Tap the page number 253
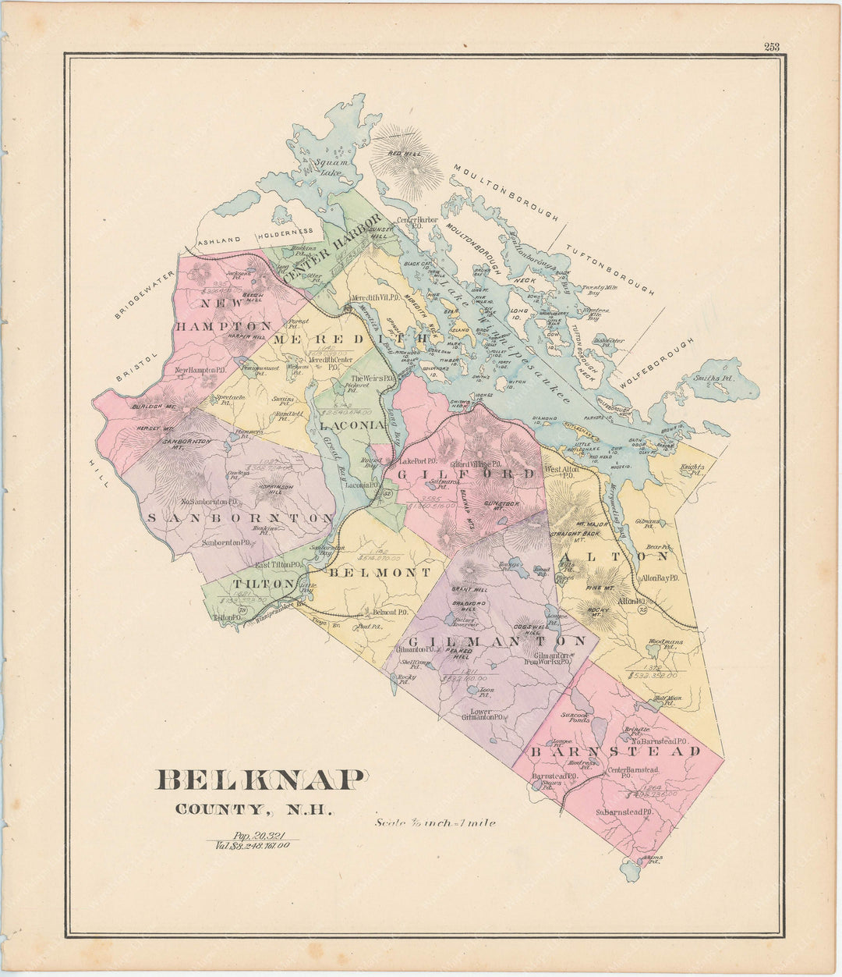click(x=771, y=47)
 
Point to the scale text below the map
click(x=435, y=822)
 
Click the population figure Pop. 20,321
click(x=253, y=834)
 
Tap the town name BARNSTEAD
click(x=615, y=751)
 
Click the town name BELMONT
click(x=379, y=572)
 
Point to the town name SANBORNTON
click(x=240, y=518)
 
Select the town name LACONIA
click(x=352, y=425)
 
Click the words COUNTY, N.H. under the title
click(x=254, y=810)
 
